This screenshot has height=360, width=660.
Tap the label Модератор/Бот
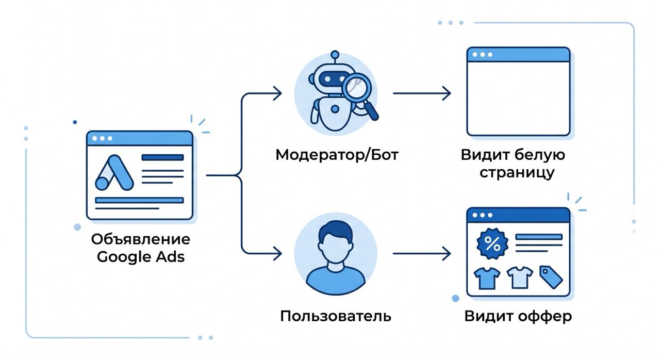337,155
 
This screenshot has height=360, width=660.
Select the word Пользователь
336,316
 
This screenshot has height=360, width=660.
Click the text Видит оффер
518,316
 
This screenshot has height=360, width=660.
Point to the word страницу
517,173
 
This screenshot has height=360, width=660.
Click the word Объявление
141,239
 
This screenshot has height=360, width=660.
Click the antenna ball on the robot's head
335,55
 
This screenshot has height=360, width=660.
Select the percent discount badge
492,243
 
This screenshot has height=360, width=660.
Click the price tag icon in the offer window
551,277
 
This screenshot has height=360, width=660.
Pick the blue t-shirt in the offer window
487,278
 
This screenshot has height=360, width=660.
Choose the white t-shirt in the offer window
520,277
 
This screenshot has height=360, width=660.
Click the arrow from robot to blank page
422,93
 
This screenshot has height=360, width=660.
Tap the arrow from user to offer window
422,253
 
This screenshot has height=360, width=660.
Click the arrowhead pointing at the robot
277,93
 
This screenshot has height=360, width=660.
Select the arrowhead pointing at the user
277,253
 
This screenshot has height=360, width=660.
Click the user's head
336,244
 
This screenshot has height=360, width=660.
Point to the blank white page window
518,91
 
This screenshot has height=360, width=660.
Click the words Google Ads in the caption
141,257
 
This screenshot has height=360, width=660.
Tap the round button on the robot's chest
335,109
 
